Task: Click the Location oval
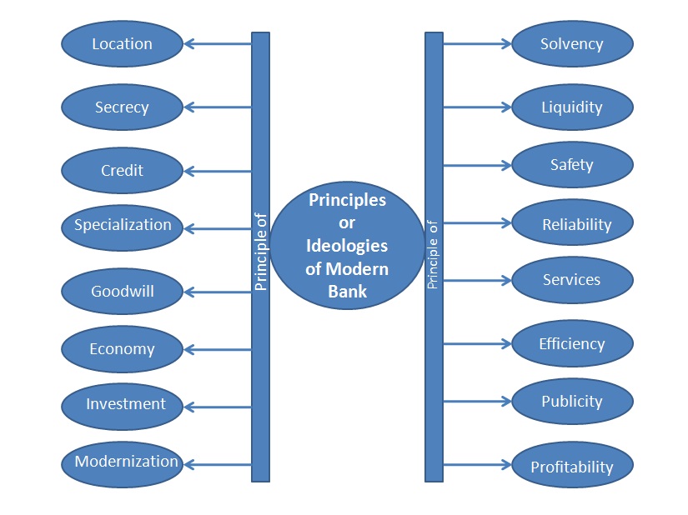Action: pyautogui.click(x=122, y=44)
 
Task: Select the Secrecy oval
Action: pyautogui.click(x=122, y=107)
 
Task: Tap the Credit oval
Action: pyautogui.click(x=122, y=170)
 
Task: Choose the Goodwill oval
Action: pyautogui.click(x=122, y=291)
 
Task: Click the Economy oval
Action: pyautogui.click(x=122, y=349)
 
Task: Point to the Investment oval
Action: pyautogui.click(x=122, y=405)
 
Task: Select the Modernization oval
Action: pyautogui.click(x=122, y=462)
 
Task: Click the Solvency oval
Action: pyautogui.click(x=572, y=44)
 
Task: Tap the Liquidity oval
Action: pyautogui.click(x=572, y=107)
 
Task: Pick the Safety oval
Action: pyautogui.click(x=572, y=165)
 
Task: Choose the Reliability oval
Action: pyautogui.click(x=572, y=223)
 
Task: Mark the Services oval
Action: pyautogui.click(x=572, y=280)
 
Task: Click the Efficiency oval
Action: pyautogui.click(x=572, y=343)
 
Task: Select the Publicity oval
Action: pyautogui.click(x=572, y=402)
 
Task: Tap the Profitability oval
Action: pyautogui.click(x=572, y=466)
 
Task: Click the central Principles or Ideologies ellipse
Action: pyautogui.click(x=347, y=245)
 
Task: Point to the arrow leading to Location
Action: pyautogui.click(x=217, y=44)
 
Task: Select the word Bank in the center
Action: pyautogui.click(x=348, y=291)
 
